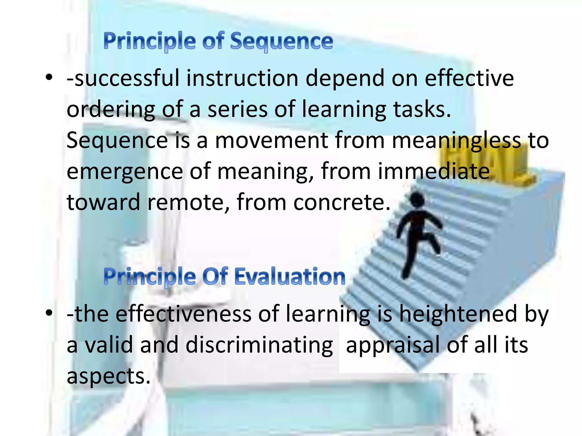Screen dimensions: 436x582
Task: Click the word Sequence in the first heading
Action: pos(281,41)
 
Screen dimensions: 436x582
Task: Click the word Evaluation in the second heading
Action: pos(290,276)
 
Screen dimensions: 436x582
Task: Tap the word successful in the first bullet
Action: pos(126,78)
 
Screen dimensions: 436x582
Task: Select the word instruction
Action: pos(242,78)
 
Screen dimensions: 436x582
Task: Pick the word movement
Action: pos(271,141)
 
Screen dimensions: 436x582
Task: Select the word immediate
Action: pos(434,172)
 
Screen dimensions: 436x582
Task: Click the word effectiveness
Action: pos(183,314)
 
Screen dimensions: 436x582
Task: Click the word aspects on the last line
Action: pos(108,376)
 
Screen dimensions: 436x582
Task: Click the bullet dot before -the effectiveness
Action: pos(49,313)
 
